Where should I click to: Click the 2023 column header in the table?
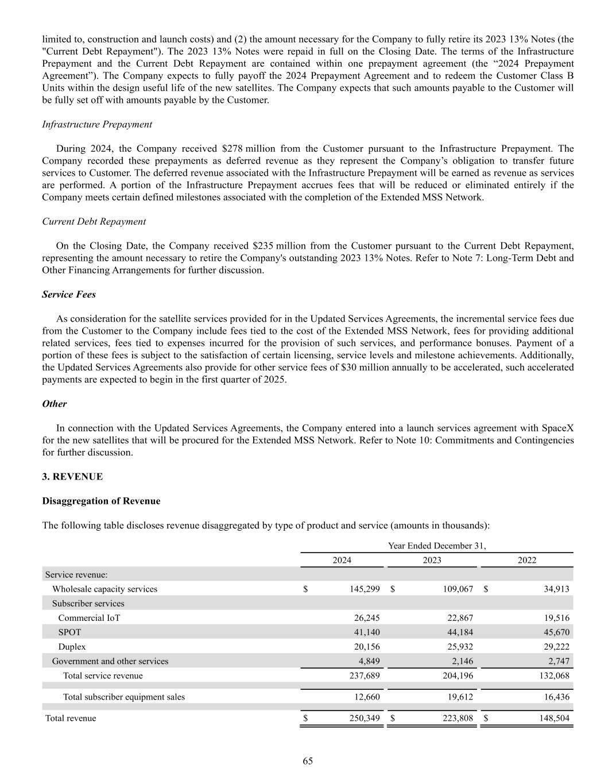click(432, 560)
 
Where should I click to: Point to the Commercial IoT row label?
click(89, 618)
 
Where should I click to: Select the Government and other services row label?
click(110, 661)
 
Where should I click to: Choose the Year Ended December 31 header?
click(437, 546)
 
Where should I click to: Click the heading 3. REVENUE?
click(72, 477)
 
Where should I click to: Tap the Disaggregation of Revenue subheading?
click(101, 501)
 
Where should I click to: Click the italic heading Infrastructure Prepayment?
click(97, 124)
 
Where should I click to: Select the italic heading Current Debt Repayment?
click(94, 221)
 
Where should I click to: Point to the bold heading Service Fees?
click(69, 294)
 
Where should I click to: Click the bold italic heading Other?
click(55, 404)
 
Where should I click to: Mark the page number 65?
click(308, 761)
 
